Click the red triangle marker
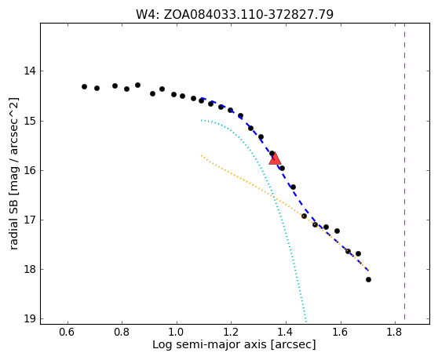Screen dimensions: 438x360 pos(275,158)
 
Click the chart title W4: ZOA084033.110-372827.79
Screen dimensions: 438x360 pos(235,14)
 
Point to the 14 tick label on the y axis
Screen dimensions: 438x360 pos(30,71)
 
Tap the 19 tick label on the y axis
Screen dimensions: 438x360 pos(30,318)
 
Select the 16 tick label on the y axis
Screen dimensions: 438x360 pos(30,170)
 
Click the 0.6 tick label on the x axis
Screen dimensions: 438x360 pos(68,332)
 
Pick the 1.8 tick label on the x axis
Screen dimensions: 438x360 pos(395,332)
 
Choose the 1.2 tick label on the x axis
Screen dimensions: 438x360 pos(231,332)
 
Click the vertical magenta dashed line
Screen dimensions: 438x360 pos(404,171)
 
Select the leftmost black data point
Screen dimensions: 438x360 pos(84,86)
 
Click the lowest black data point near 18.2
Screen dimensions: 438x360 pos(368,279)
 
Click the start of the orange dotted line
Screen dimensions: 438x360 pos(201,155)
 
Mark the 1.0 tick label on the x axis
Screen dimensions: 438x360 pos(177,332)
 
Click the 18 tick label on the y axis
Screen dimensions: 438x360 pos(30,269)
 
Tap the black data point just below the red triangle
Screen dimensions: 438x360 pos(282,168)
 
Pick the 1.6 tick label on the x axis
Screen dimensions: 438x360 pos(340,332)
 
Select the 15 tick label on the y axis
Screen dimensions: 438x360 pos(30,121)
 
